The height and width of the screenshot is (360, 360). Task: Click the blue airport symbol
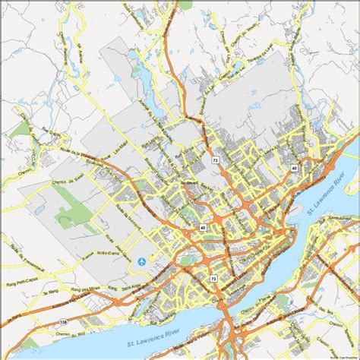[141, 262]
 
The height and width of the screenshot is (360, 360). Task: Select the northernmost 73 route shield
[216, 161]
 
